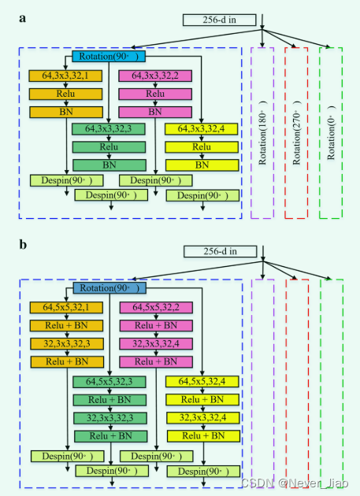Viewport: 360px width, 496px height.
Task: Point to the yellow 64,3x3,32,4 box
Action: [202, 129]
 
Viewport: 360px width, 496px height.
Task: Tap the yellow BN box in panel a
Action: [202, 165]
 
